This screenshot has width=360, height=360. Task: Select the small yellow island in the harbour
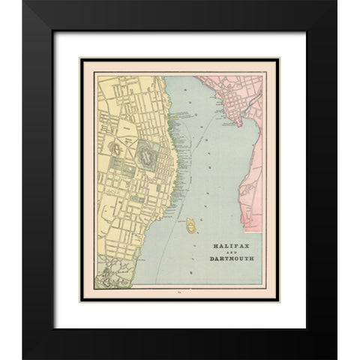tap(191, 223)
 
